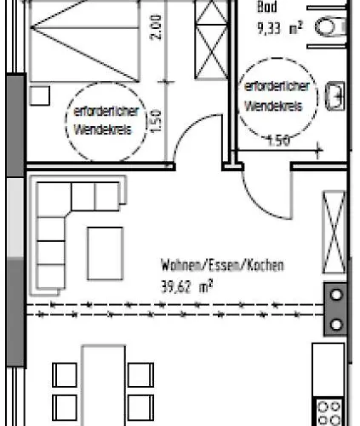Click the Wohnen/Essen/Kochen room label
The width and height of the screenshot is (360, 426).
222,265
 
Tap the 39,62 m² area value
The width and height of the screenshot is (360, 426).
186,286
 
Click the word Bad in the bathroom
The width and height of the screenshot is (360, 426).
267,7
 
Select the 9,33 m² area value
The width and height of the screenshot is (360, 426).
280,28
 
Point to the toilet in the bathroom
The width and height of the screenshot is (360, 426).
331,27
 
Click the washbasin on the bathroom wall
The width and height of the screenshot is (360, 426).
335,95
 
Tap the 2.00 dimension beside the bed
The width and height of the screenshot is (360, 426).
156,27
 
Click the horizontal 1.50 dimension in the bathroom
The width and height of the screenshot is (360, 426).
278,141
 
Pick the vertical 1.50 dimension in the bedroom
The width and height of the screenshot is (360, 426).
157,122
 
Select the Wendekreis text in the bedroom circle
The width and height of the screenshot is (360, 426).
103,130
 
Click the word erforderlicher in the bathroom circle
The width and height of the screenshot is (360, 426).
277,86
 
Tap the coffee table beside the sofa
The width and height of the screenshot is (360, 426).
106,253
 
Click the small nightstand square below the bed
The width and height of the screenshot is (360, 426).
40,95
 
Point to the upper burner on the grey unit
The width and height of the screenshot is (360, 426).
336,295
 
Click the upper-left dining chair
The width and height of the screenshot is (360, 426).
65,375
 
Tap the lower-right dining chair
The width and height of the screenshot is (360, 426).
141,408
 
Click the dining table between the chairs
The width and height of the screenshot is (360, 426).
104,385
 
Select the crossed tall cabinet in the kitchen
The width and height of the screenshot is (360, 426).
334,233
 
